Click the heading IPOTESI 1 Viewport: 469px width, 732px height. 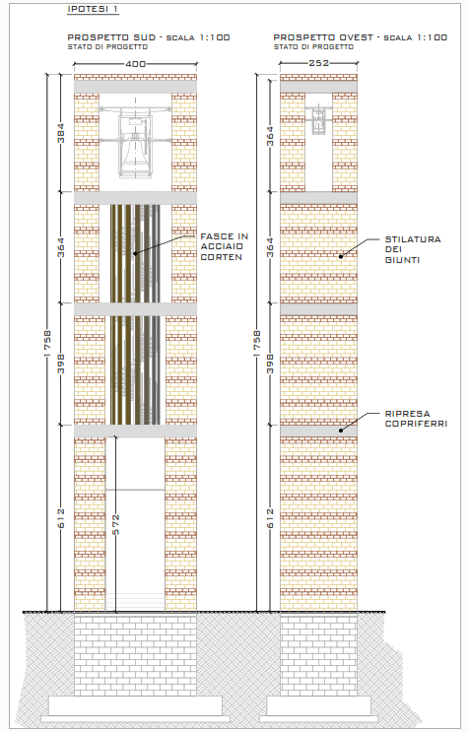click(x=93, y=9)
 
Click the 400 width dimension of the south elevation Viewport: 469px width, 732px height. click(x=135, y=64)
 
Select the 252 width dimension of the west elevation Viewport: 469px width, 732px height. click(x=318, y=63)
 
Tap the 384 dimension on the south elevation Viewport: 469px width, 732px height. click(x=61, y=133)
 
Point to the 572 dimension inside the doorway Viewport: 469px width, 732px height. click(x=115, y=524)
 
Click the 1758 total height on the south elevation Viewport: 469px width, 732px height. click(x=47, y=343)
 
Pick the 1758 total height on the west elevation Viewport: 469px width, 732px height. click(x=257, y=344)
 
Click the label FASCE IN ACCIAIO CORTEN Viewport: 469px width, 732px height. click(x=224, y=246)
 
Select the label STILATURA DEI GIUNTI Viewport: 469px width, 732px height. click(x=413, y=250)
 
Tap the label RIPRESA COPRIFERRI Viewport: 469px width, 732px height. click(x=416, y=419)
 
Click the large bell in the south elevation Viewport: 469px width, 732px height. click(x=135, y=153)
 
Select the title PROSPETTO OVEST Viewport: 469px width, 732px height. click(x=323, y=37)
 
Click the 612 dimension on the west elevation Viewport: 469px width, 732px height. click(x=270, y=518)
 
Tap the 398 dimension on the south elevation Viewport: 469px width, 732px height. click(x=61, y=364)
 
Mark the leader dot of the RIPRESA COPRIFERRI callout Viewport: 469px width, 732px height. click(x=341, y=431)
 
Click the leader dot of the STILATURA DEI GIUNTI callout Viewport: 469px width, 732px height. click(x=341, y=256)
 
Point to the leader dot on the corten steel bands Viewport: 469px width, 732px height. click(x=135, y=253)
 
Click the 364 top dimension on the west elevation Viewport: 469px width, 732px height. click(x=270, y=136)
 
